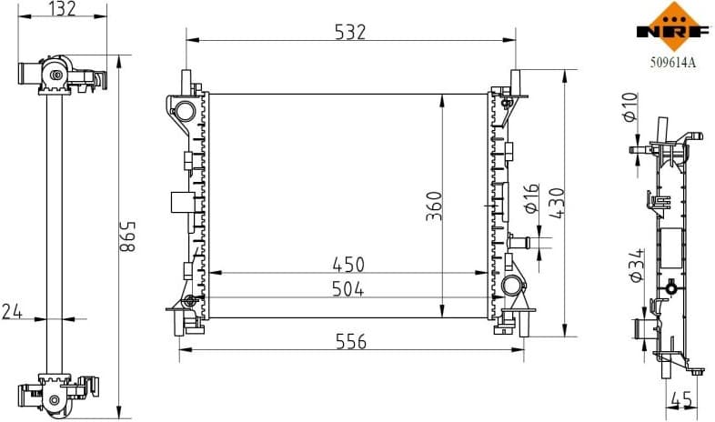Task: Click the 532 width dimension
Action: [x=350, y=31]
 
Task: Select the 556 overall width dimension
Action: [x=350, y=342]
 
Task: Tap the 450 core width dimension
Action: [x=347, y=265]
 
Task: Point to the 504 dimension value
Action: [x=347, y=289]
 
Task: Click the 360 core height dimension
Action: [x=434, y=206]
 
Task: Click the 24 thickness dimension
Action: [x=13, y=312]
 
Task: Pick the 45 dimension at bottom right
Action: [x=680, y=398]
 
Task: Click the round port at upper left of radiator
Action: [x=184, y=111]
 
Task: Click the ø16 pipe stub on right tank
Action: [x=522, y=242]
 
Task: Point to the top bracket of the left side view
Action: [x=62, y=76]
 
